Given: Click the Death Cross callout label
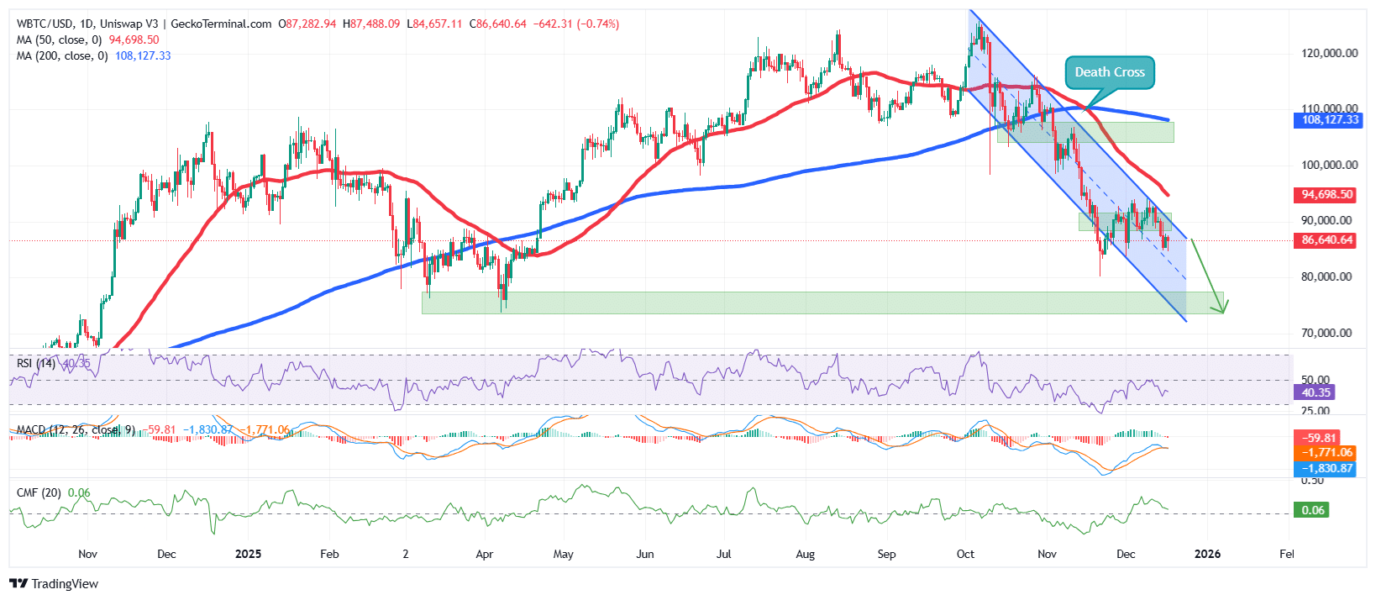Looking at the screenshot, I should (x=1110, y=72).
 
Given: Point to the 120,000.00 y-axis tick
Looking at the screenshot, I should (x=1329, y=53).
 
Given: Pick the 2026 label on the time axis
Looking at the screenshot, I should (x=1207, y=554).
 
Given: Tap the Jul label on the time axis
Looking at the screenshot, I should (x=723, y=554).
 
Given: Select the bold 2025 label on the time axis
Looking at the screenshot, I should (x=248, y=554).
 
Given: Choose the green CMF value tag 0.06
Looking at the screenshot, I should (x=1312, y=510).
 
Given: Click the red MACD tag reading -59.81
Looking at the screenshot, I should (x=1319, y=438).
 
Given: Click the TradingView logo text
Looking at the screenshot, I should (x=64, y=584).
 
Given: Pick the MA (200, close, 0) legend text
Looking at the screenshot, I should (x=62, y=56).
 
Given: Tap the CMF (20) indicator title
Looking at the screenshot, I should (x=39, y=492).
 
